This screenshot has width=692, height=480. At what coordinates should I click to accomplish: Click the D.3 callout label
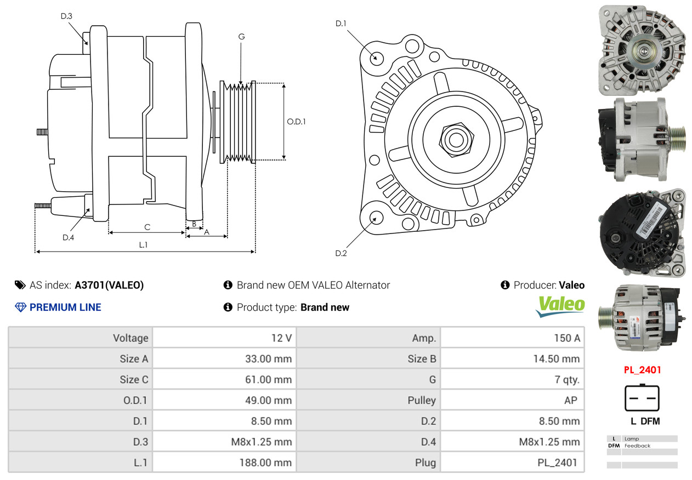pos(66,16)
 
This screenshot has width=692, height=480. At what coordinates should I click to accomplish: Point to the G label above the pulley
pos(242,37)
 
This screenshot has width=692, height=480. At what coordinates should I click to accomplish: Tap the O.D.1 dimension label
pos(296,122)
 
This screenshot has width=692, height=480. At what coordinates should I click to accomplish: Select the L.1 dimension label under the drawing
pos(143,245)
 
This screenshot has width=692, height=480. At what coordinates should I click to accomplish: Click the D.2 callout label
pos(341,254)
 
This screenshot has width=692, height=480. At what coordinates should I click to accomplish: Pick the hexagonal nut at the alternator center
pos(456,140)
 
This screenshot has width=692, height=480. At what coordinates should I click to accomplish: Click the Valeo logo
pos(560,306)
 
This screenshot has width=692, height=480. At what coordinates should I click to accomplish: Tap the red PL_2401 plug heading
pos(642,370)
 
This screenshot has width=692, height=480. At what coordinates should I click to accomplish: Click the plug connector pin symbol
pos(642,398)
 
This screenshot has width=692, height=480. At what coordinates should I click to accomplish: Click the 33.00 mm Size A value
pos(269,359)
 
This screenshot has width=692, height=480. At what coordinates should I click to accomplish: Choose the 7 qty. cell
pos(567,379)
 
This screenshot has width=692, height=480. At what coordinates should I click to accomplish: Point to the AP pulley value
pos(571,400)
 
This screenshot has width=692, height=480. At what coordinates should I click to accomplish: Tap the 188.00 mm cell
pos(266,462)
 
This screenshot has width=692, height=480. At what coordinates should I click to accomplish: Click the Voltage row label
pos(131,338)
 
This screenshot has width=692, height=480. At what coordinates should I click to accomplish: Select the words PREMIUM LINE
pos(65,307)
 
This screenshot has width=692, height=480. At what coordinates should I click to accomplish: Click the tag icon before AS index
pos(20,285)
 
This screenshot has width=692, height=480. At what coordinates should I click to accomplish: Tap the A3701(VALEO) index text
pos(109,285)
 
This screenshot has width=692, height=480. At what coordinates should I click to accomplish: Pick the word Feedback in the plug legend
pos(637,445)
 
